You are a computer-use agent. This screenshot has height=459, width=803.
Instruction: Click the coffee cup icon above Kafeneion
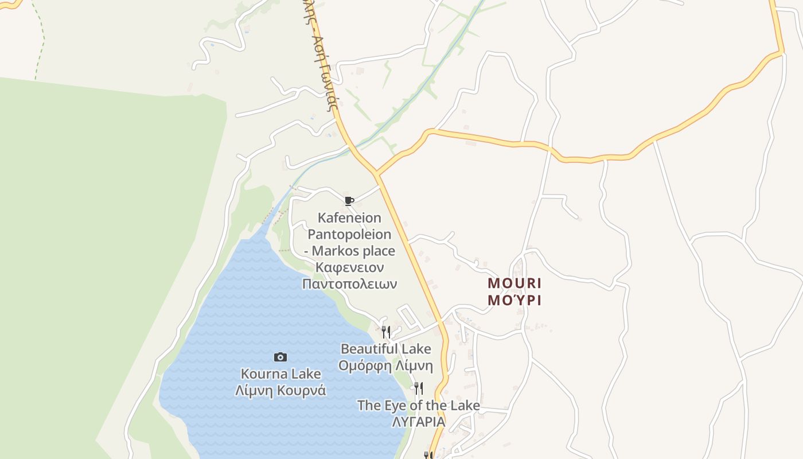(349, 200)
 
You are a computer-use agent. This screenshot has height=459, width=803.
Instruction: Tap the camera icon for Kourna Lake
(280, 357)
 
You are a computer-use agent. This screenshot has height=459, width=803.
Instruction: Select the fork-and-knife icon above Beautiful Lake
(386, 332)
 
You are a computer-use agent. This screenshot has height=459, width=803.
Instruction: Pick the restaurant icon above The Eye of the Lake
(419, 388)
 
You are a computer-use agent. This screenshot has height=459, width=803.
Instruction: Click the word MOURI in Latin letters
(514, 283)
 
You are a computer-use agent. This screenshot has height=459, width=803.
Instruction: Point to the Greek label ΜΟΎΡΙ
(514, 300)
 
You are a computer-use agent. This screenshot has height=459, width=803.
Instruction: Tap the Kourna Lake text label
(280, 374)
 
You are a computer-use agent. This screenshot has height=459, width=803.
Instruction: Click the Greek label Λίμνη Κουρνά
(280, 391)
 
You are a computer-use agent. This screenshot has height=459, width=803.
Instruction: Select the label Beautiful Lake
(385, 349)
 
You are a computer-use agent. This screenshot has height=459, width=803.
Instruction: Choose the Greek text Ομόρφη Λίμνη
(385, 365)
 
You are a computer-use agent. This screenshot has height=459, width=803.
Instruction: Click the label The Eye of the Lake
(419, 405)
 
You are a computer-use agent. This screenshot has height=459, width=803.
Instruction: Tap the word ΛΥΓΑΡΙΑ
(419, 422)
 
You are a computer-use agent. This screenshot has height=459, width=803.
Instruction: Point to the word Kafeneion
(349, 217)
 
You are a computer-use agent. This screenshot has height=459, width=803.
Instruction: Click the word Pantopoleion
(349, 234)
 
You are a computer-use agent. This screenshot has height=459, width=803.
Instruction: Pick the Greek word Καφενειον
(349, 267)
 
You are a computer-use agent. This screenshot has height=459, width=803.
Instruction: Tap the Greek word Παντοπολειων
(349, 284)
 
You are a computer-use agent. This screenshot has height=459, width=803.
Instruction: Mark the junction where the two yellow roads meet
(377, 173)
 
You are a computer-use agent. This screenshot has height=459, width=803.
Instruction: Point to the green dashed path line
(40, 40)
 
